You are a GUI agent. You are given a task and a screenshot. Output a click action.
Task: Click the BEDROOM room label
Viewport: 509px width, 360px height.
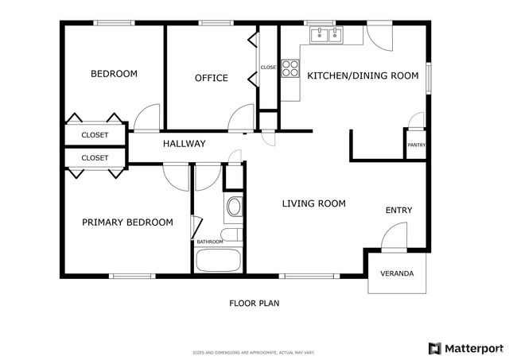tap(114, 74)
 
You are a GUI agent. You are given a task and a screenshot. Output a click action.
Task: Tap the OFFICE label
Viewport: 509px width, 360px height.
tap(212, 78)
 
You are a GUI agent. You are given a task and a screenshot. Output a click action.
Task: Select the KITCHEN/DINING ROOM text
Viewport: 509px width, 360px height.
tap(362, 75)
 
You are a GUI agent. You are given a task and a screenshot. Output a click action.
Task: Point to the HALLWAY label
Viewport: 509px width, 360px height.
tap(185, 144)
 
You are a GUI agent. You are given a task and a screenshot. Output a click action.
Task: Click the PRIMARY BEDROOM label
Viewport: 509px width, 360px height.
tap(127, 223)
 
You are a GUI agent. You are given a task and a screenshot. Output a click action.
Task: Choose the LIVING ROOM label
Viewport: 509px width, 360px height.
tap(314, 203)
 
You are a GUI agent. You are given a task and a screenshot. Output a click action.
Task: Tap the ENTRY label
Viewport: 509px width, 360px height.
tap(398, 210)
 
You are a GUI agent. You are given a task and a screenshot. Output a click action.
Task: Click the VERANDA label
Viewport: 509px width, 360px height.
tap(397, 273)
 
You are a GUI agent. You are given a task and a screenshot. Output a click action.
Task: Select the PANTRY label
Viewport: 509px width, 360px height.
tap(416, 145)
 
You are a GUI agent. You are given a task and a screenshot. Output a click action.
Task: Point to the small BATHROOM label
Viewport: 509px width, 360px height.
tap(210, 242)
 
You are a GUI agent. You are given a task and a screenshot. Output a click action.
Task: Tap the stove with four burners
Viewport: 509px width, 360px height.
tap(289, 70)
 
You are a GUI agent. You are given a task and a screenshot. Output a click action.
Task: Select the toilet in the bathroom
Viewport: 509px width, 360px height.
tap(234, 209)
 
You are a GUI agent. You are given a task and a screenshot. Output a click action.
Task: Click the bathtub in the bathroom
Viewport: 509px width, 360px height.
tap(219, 261)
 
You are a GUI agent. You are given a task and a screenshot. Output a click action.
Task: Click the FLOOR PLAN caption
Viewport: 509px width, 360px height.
tap(254, 303)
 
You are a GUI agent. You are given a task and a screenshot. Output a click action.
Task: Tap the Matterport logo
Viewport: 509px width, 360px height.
tap(466, 348)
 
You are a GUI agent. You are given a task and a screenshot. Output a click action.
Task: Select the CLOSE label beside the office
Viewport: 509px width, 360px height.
tap(268, 68)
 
